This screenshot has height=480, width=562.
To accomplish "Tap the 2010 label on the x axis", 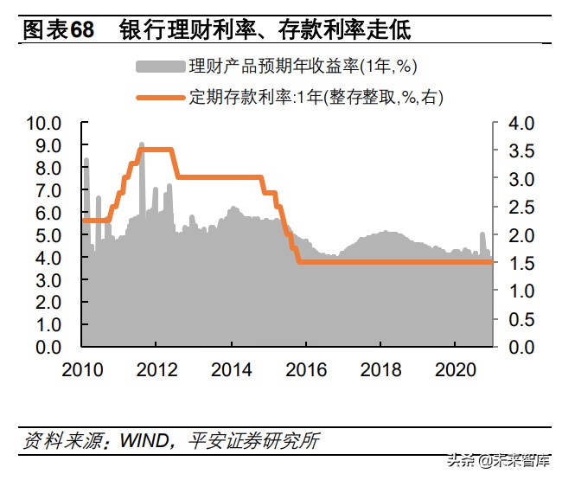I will point(83,370).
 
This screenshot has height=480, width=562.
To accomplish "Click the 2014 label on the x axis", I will point(232,370).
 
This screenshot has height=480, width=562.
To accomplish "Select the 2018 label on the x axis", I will point(381,370).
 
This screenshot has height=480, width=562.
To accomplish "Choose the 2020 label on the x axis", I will point(456,370).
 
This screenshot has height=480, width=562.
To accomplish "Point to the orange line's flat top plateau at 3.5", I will point(156,150).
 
